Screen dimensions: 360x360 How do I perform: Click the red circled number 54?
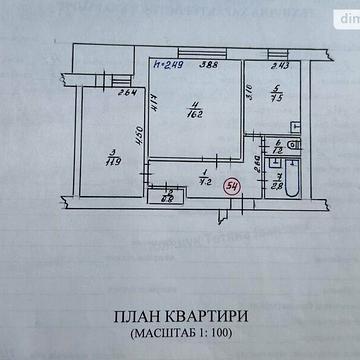click(x=232, y=186)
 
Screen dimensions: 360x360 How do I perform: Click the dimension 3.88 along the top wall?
click(x=207, y=67)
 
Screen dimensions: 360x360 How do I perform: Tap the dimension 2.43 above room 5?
click(x=279, y=67)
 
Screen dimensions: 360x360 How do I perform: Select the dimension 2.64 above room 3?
click(x=126, y=95)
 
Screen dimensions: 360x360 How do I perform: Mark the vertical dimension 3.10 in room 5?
click(x=251, y=98)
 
